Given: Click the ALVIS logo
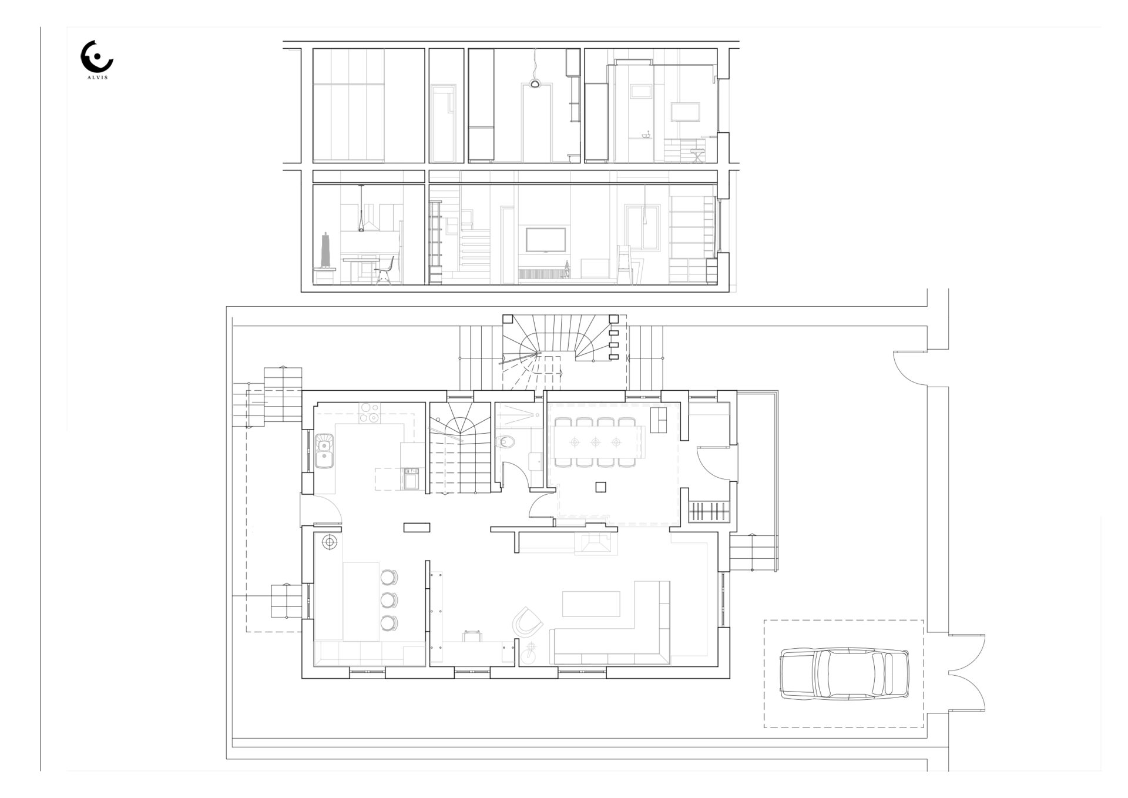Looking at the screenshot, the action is coord(96,59).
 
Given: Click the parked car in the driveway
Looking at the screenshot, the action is coord(845,674).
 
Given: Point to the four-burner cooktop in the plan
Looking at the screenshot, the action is coord(370,413).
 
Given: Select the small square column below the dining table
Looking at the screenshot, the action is coord(600,487).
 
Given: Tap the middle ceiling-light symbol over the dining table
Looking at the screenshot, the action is coord(596,442).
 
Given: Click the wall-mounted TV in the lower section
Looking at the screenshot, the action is coord(546,240).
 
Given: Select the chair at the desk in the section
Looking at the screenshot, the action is coord(384,272).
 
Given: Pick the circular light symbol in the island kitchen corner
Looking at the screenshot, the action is coord(330,542).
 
